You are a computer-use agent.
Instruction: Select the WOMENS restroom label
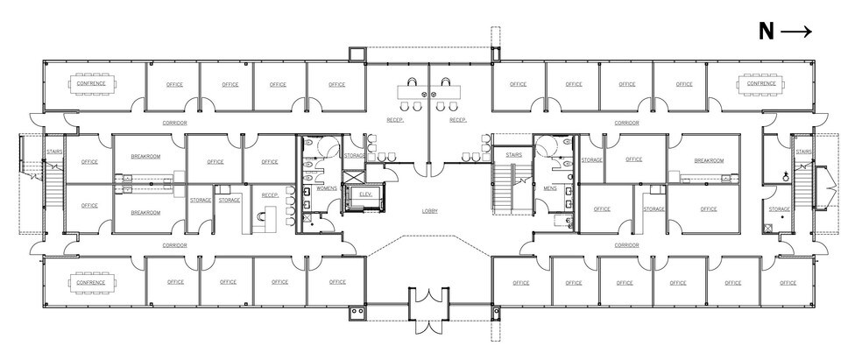pos(326,187)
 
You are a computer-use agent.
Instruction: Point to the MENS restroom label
pos(549,187)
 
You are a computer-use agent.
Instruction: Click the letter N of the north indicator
pos(766,32)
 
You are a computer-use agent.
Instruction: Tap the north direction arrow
pos(795,32)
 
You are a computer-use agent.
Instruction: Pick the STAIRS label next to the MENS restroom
pos(514,155)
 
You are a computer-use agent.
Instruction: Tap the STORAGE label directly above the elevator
pos(355,155)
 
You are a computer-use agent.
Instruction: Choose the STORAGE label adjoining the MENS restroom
pos(591,160)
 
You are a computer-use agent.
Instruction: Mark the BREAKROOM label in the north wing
pos(708,160)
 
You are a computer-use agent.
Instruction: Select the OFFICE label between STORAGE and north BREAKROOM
pos(633,159)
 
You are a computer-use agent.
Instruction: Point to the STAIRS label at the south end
pos(53,152)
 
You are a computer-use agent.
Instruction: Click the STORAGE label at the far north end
pos(779,208)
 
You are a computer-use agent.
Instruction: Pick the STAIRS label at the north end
pos(803,152)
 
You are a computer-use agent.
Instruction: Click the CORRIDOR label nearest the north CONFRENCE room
pos(626,123)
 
